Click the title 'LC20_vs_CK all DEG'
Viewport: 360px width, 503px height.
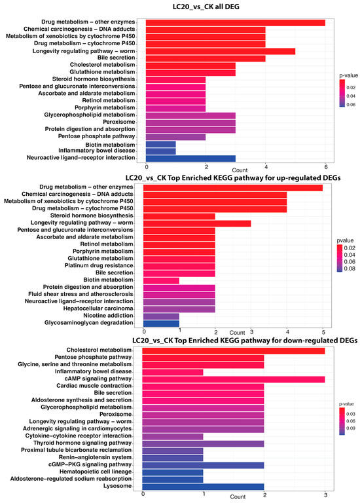206,7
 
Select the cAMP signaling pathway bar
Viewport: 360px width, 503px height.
234,379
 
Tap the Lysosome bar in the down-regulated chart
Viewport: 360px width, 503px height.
203,487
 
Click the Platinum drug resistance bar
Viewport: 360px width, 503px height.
179,266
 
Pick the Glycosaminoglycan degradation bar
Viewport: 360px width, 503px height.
161,323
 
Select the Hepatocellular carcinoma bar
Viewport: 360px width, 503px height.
179,309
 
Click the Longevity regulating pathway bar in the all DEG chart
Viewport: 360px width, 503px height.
221,51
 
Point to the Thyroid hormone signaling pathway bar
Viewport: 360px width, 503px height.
203,443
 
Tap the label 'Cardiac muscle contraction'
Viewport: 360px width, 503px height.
94,386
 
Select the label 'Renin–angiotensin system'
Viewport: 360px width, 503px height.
95,457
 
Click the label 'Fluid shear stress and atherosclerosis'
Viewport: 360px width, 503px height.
81,294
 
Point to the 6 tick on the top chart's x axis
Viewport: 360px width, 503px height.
326,167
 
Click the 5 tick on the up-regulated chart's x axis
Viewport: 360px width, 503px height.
323,332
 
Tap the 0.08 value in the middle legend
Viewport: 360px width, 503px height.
350,269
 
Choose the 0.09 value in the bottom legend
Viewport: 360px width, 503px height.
351,428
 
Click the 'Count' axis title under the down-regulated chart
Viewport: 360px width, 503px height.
238,496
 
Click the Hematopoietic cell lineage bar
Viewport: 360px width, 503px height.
172,472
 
